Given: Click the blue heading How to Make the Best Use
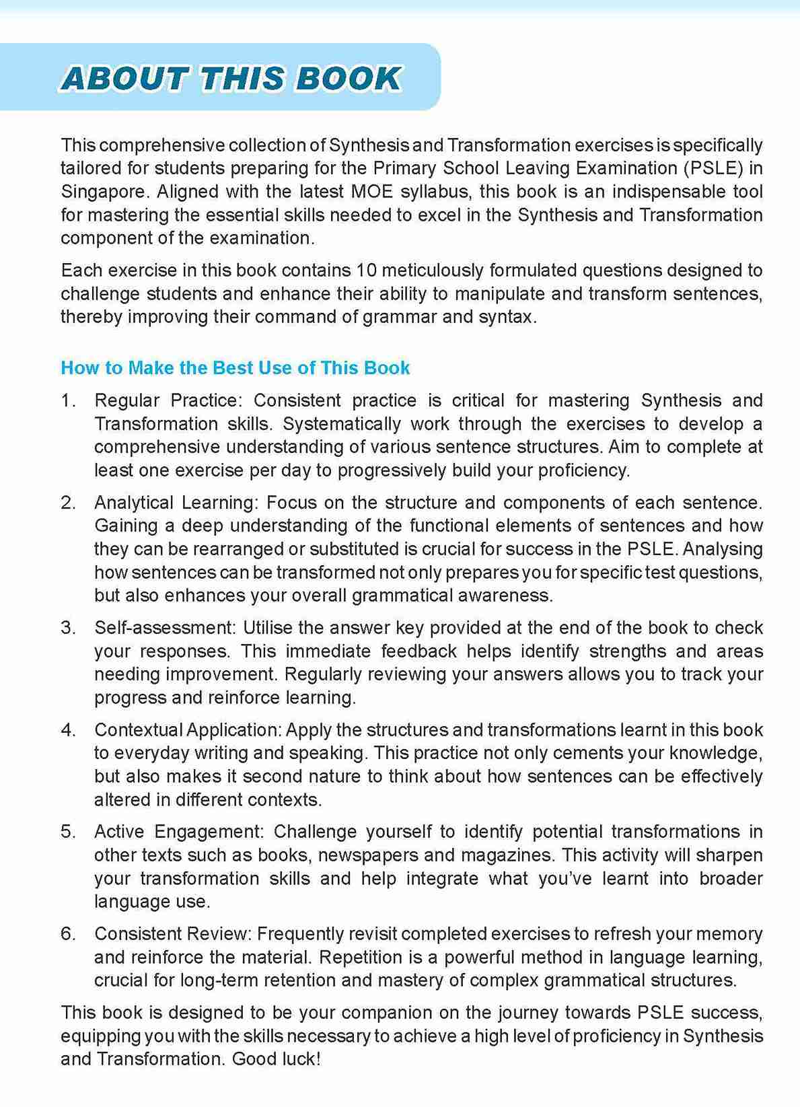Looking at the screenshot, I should [235, 368].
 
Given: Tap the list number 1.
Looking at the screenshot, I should [67, 401].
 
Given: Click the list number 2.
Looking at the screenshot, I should [67, 503].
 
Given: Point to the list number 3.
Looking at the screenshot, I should [67, 628].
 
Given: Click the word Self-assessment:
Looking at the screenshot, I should [165, 628].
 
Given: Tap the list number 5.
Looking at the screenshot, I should [67, 832].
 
